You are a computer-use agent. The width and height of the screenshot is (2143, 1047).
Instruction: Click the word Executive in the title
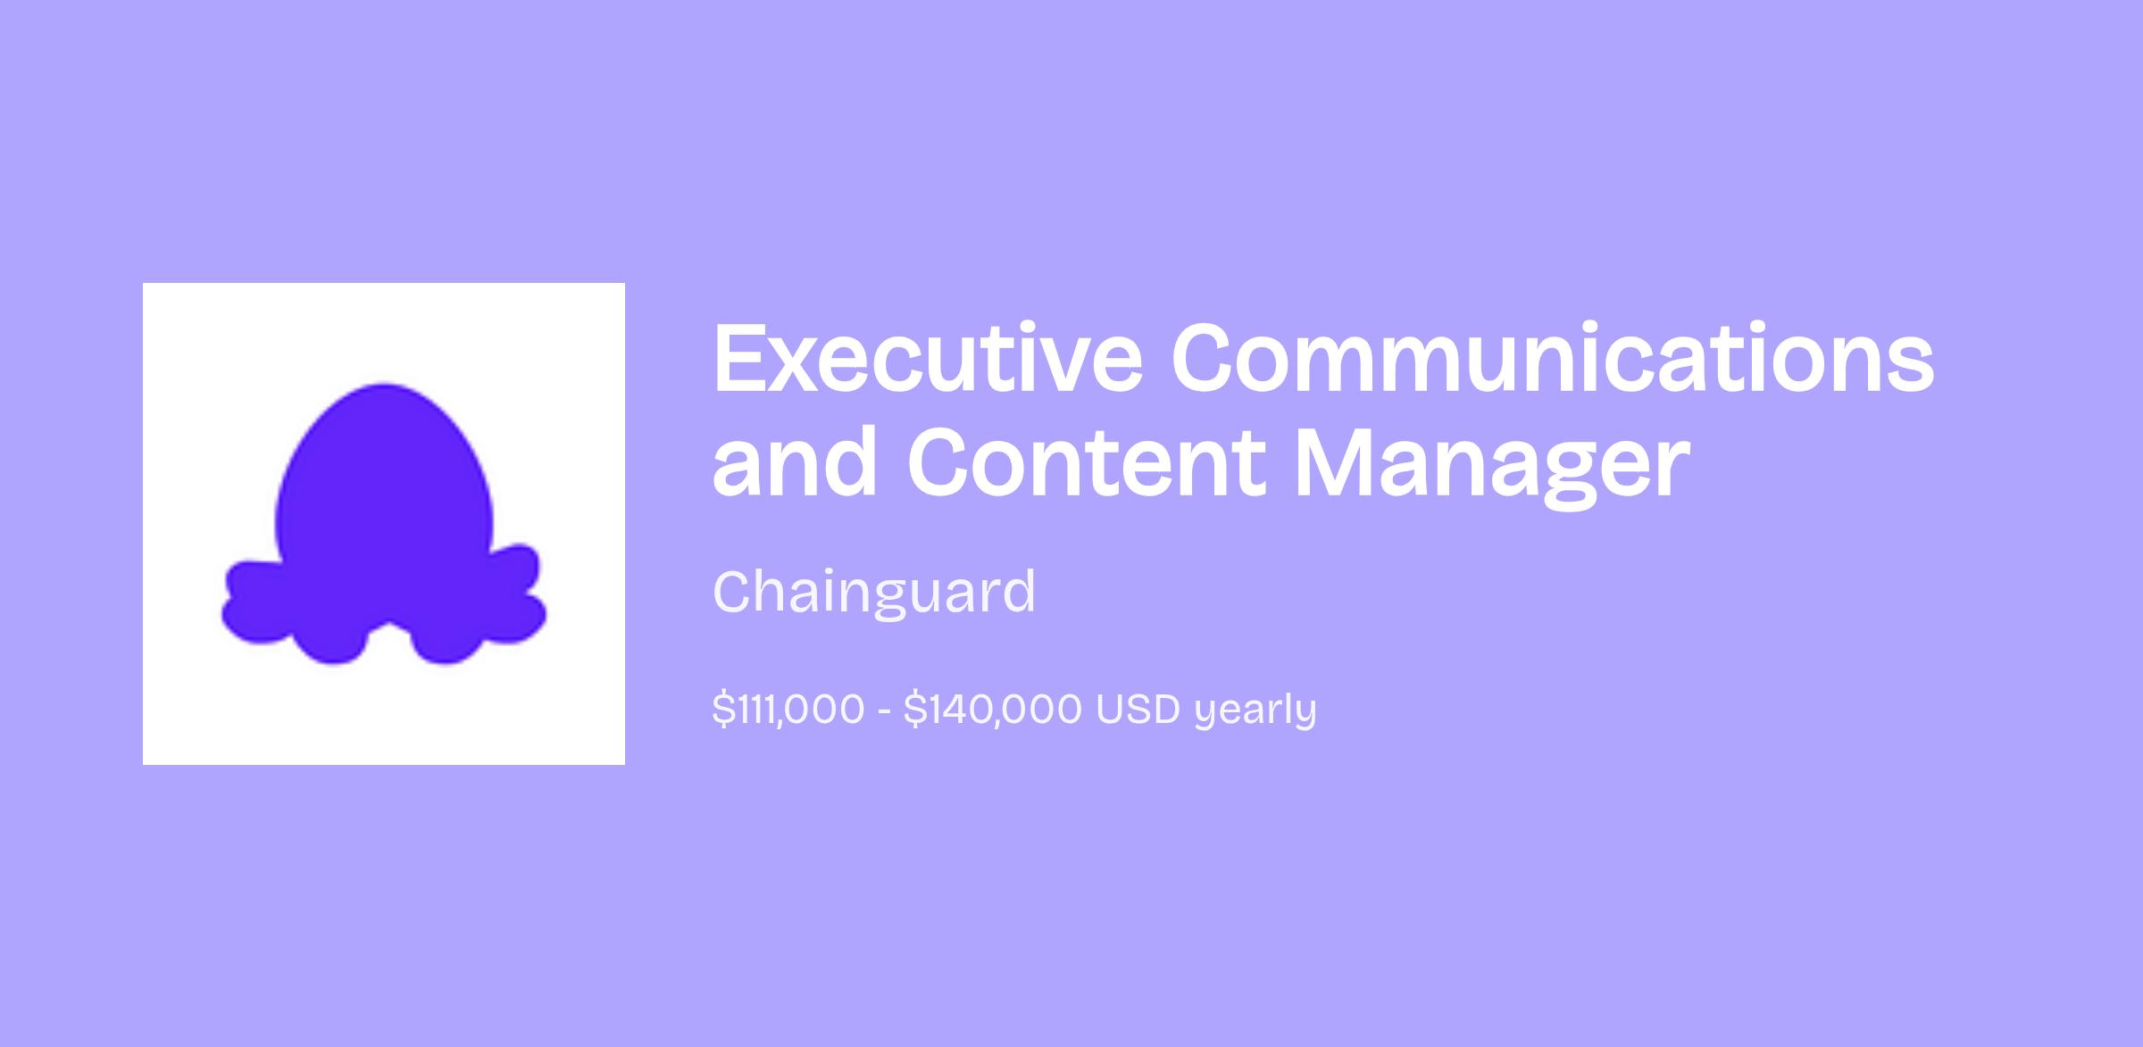click(928, 357)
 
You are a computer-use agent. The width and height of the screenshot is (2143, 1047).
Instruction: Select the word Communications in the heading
click(1553, 357)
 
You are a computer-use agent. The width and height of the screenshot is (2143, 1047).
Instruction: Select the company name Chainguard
click(874, 591)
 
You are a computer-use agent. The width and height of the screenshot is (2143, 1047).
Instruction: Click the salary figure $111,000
click(788, 710)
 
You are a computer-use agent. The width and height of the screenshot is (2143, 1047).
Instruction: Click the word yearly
click(1255, 711)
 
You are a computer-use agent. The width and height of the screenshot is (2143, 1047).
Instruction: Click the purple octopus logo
click(384, 524)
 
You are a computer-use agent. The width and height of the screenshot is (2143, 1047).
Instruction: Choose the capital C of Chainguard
click(734, 591)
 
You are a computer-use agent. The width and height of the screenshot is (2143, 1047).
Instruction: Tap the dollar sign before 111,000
click(723, 710)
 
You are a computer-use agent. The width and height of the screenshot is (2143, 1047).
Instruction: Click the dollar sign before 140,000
click(914, 710)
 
